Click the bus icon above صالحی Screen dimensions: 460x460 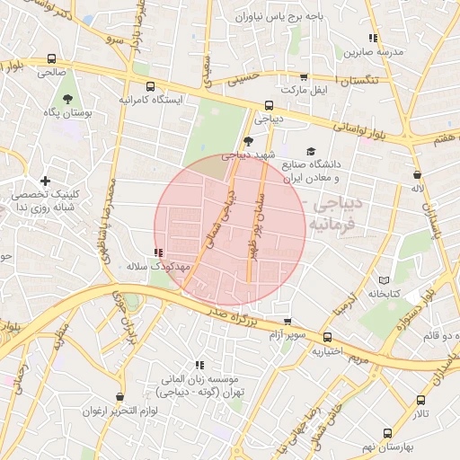(x=50, y=59)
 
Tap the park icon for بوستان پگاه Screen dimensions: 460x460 (x=67, y=97)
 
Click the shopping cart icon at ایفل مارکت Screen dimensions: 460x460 (x=304, y=78)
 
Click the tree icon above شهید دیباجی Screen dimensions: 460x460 (x=248, y=141)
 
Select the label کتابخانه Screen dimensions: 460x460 (x=383, y=294)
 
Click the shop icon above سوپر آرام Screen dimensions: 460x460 (x=287, y=322)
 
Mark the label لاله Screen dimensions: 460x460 (x=417, y=189)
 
